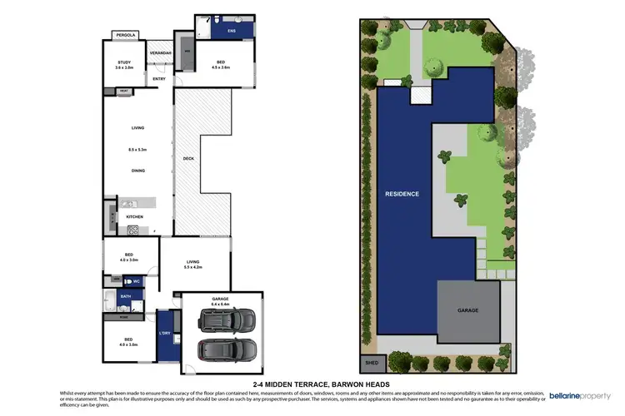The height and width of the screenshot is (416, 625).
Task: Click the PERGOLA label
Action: (x=126, y=36)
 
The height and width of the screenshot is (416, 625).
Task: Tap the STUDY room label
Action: (x=124, y=62)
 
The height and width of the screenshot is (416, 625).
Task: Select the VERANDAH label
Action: (x=160, y=54)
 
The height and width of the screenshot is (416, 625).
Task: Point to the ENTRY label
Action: (x=158, y=80)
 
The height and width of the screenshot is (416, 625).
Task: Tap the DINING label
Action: (x=138, y=171)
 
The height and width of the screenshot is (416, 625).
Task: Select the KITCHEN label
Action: (x=135, y=216)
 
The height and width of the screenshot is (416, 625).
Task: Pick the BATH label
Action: (x=126, y=295)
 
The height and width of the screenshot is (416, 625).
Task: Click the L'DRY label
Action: (x=164, y=334)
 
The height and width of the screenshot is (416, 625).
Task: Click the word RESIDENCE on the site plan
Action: (x=402, y=194)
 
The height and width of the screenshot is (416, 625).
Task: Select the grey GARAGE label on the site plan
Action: (x=468, y=310)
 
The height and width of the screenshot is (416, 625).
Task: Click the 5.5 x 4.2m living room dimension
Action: (x=192, y=267)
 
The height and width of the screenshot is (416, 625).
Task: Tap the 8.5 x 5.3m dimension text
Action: (x=137, y=150)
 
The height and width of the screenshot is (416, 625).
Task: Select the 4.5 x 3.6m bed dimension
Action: (x=220, y=68)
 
